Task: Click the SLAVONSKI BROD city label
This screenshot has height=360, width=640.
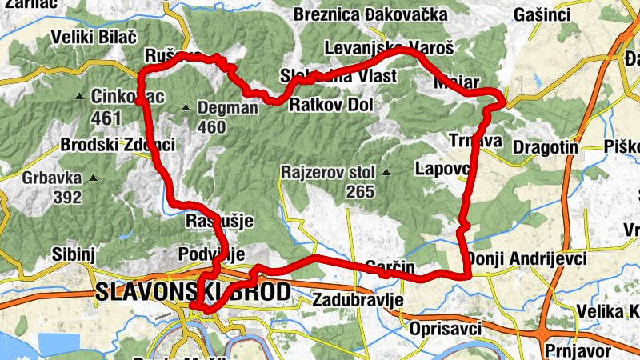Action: pos(192,292)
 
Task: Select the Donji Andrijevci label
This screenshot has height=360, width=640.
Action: pos(527,259)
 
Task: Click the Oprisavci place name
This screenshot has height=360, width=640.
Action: pos(445,328)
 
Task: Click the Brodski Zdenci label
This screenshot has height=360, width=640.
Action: pos(117,146)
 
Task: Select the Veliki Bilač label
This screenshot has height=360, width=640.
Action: pos(94,37)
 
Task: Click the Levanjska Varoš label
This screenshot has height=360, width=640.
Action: pos(390,49)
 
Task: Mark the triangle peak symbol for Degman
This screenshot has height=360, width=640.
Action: pos(186,107)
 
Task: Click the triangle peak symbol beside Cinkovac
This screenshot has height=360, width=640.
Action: pos(78,97)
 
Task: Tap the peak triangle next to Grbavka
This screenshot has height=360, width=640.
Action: pos(94,178)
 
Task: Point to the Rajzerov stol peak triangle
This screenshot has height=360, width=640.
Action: pos(386,172)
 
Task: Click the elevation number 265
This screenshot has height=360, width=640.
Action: pos(360,192)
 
